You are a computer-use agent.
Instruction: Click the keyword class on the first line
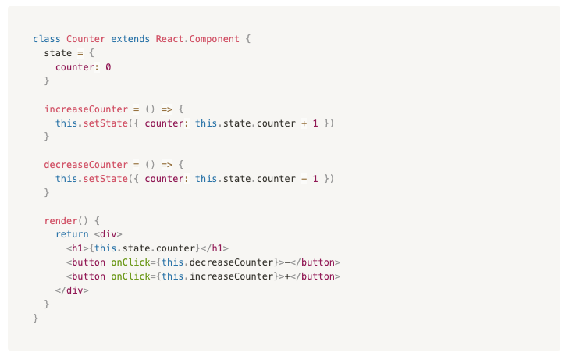click(x=47, y=39)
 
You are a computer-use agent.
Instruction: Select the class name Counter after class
click(x=86, y=39)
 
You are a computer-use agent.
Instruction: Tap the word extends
click(x=130, y=39)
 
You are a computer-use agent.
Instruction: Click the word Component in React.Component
click(x=214, y=39)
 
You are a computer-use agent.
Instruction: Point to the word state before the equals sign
click(x=58, y=53)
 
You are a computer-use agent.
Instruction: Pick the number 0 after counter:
click(x=108, y=67)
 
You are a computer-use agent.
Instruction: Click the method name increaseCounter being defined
click(x=86, y=109)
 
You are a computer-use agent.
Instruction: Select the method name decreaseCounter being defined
click(x=86, y=165)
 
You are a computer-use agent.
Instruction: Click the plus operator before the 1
click(x=304, y=123)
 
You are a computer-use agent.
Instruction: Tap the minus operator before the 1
click(x=304, y=179)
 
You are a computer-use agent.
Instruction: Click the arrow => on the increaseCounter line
click(x=167, y=109)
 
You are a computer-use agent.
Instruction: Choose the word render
click(x=61, y=221)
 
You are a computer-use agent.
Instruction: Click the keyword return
click(x=72, y=234)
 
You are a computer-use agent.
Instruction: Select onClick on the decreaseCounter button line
click(x=130, y=262)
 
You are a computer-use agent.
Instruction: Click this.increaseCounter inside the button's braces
click(x=217, y=276)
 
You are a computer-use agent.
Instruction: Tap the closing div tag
click(x=72, y=290)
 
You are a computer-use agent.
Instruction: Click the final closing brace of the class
click(x=36, y=319)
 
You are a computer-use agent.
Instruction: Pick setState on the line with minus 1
click(x=105, y=179)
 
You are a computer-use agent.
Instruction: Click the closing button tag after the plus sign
click(x=315, y=276)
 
